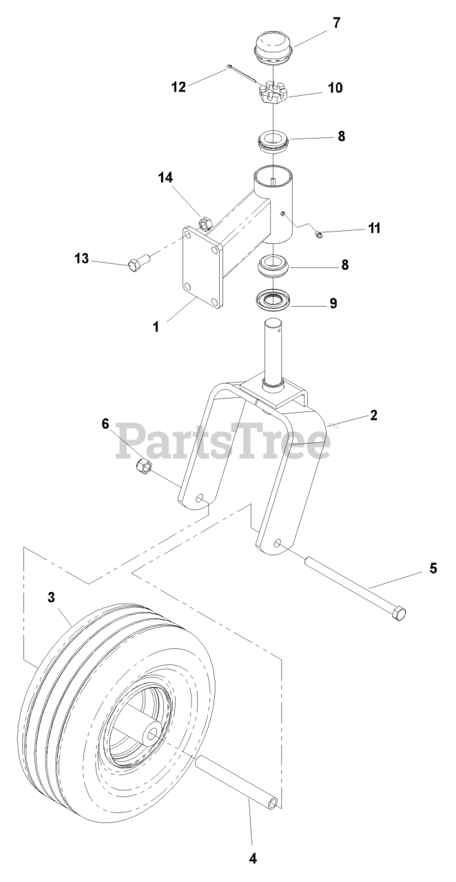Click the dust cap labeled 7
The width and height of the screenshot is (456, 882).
pyautogui.click(x=274, y=47)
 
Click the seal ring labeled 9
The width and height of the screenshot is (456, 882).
pyautogui.click(x=273, y=301)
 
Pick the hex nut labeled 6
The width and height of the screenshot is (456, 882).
pyautogui.click(x=143, y=466)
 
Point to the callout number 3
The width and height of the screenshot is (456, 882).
pyautogui.click(x=51, y=598)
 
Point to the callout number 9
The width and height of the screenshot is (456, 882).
pyautogui.click(x=333, y=303)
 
